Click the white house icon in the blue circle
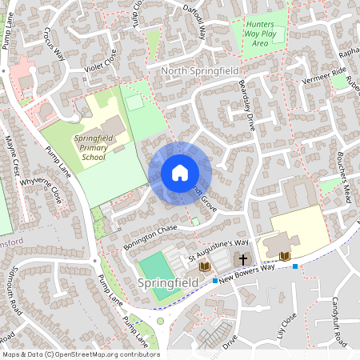[x=180, y=172]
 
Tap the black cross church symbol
[x=242, y=260]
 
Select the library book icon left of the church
[x=205, y=265]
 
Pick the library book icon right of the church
[x=285, y=256]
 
